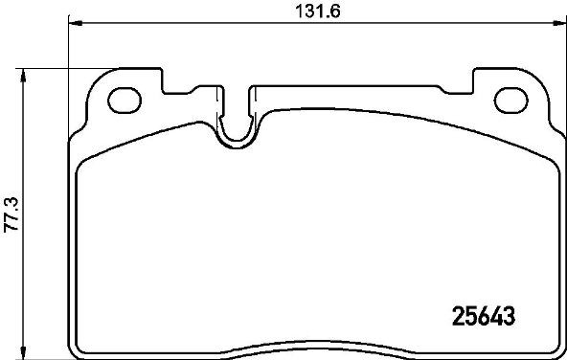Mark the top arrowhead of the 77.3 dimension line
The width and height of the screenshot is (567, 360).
(23, 74)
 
